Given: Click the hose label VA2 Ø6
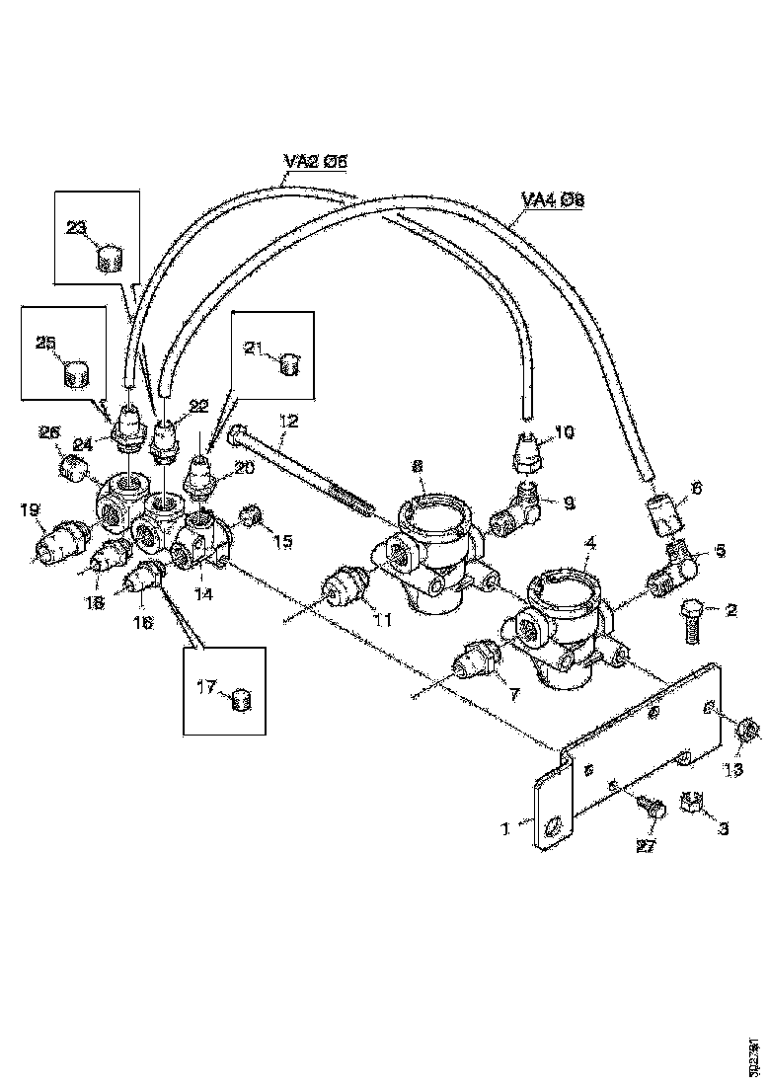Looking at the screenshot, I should point(316,165).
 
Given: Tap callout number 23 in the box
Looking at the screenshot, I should point(77,228).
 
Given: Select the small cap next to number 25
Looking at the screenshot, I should point(75,374).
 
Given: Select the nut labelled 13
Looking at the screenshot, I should point(747,733).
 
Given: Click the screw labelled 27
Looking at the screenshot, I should point(651,808).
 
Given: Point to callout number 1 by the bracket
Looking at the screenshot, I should point(506,830).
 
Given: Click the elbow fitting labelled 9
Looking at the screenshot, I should point(522,507).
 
